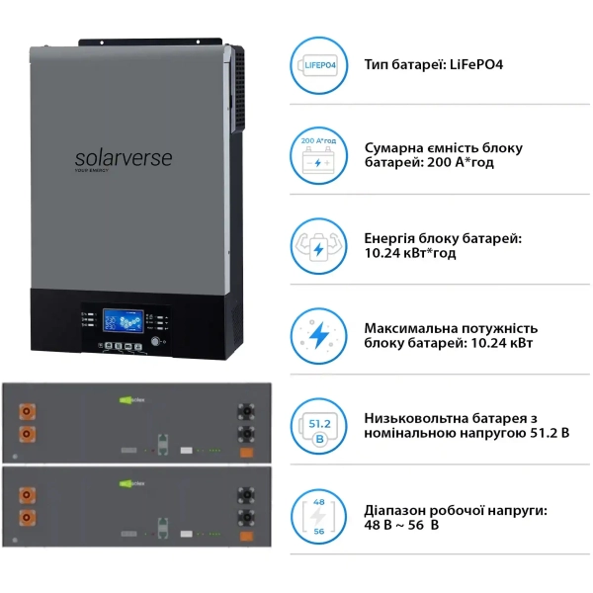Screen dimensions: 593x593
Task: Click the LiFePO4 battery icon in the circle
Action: point(317,66)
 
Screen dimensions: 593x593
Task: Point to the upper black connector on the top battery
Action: point(242,409)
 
